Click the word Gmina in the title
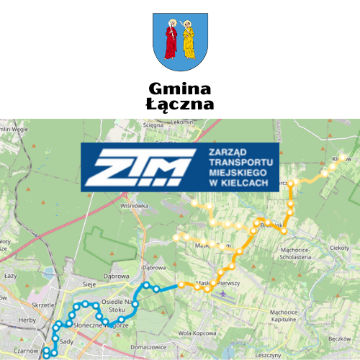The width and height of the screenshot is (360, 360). pyautogui.click(x=179, y=89)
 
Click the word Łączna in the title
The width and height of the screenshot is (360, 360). pyautogui.click(x=179, y=104)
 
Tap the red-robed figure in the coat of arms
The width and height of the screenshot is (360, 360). pyautogui.click(x=171, y=40)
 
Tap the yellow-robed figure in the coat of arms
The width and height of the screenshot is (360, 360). pyautogui.click(x=189, y=40)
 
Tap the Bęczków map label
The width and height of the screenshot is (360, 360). pyautogui.click(x=338, y=338)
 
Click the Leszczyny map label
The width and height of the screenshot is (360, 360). pyautogui.click(x=268, y=355)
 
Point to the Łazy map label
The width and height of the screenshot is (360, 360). pyautogui.click(x=10, y=276)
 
